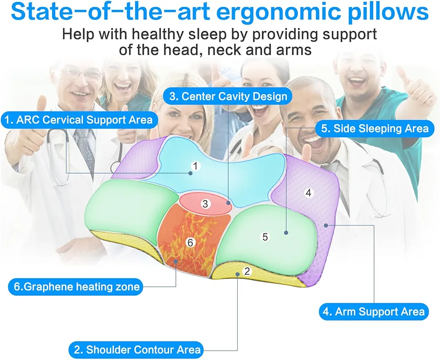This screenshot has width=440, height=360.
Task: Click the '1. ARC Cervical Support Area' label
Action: pos(79,120)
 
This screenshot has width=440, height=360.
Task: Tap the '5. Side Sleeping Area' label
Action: pos(375,129)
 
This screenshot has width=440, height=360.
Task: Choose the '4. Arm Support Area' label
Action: pos(374,312)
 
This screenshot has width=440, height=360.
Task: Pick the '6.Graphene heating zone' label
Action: pos(76,287)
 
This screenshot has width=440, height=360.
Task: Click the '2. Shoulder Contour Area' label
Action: pos(136,350)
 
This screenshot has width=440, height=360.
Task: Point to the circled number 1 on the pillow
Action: pos(195,166)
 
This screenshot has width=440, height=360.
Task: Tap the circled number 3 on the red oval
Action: pos(205,203)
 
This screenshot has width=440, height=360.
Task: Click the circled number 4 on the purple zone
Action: pos(309,193)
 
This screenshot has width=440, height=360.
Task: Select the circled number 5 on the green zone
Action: pos(265,237)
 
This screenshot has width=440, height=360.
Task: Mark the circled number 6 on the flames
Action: pos(190,242)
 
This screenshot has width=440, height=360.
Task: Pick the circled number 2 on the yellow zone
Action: pos(247,271)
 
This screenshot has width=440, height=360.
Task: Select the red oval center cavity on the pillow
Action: pos(205,203)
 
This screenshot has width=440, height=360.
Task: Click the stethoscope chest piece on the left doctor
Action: pos(116,167)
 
